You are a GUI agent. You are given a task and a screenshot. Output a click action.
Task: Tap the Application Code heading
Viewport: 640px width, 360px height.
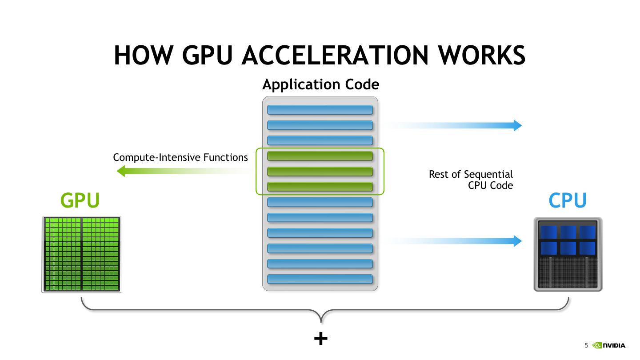(320, 84)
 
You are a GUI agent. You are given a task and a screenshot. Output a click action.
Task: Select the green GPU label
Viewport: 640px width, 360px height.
(80, 201)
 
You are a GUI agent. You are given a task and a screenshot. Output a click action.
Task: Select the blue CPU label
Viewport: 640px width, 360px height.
(568, 201)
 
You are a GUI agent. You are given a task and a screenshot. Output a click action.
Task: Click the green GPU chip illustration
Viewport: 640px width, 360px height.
(81, 254)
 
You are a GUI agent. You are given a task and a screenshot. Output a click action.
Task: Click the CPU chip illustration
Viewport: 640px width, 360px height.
(568, 254)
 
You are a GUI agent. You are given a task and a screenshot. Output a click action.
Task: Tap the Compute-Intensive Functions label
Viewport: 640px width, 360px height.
(180, 157)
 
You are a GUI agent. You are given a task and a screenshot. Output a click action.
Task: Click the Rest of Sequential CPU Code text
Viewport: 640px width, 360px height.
(471, 180)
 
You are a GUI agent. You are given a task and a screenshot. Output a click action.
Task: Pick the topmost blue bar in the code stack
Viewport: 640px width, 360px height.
(320, 110)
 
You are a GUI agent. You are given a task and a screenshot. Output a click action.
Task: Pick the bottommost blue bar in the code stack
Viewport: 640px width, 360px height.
(320, 279)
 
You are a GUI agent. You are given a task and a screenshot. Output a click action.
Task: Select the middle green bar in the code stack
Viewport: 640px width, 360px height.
(320, 172)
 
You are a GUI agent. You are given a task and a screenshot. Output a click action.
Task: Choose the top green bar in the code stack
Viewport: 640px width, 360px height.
(320, 156)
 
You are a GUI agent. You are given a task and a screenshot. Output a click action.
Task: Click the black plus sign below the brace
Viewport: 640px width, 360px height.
(320, 339)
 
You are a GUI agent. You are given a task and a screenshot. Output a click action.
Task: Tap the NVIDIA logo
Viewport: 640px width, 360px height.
(609, 345)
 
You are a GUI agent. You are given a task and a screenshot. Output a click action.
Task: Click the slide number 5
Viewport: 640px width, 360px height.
(586, 345)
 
